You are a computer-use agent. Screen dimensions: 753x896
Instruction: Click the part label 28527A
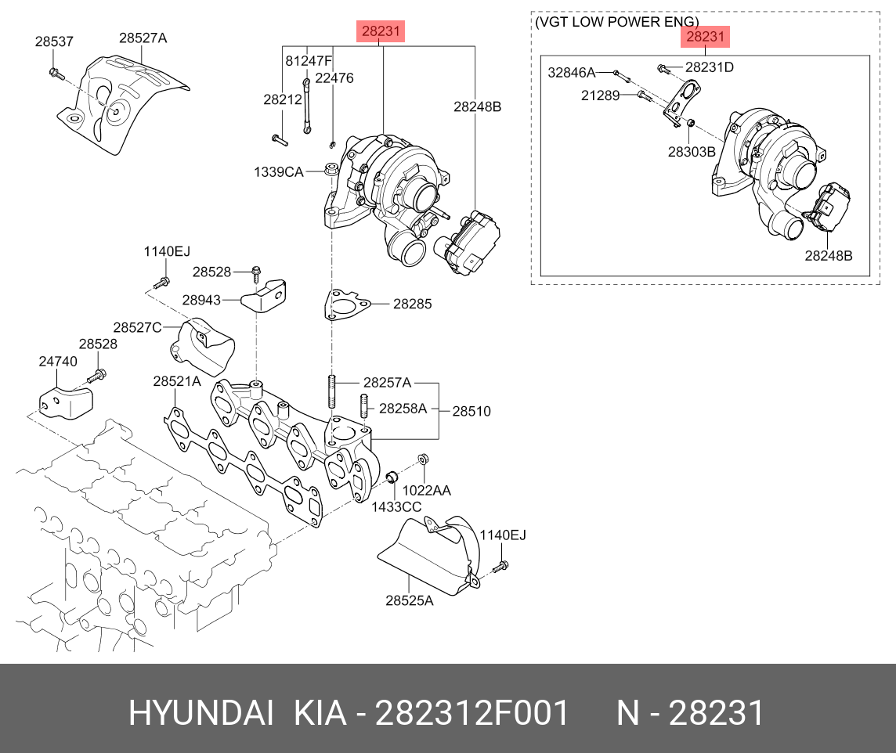click(x=143, y=38)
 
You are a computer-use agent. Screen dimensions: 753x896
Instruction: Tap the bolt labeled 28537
click(x=55, y=74)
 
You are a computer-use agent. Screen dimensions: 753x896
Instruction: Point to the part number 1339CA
click(x=277, y=171)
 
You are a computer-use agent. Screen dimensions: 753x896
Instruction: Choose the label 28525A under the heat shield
click(x=409, y=601)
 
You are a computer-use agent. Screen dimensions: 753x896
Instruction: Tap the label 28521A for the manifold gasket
click(x=177, y=381)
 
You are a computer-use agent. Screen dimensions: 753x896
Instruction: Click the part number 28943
click(x=201, y=299)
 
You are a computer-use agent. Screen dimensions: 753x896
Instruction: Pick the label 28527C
click(x=137, y=327)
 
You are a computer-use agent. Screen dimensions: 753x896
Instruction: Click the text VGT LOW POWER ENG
click(x=616, y=22)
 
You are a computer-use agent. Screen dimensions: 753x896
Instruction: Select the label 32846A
click(x=572, y=73)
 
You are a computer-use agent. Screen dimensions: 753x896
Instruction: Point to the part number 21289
click(x=601, y=95)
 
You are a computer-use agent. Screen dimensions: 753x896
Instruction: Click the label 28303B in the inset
click(x=692, y=151)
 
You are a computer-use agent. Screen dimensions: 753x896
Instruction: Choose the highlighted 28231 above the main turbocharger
click(x=381, y=32)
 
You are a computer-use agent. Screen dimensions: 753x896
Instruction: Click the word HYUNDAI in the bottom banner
click(x=201, y=713)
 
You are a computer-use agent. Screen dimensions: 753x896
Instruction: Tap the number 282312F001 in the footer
click(x=472, y=713)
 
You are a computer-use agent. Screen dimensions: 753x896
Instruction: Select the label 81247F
click(x=309, y=61)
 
